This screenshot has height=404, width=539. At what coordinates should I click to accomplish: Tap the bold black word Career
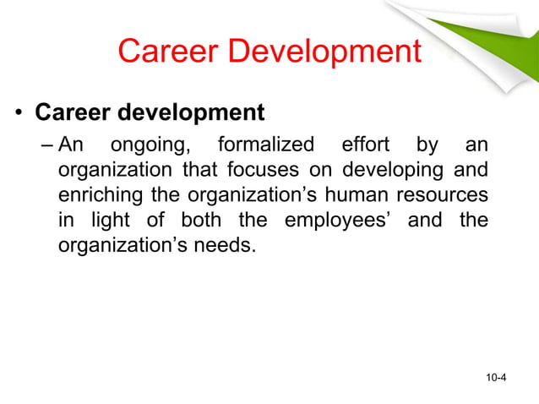click(73, 112)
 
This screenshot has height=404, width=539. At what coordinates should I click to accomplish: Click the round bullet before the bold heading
click(17, 113)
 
